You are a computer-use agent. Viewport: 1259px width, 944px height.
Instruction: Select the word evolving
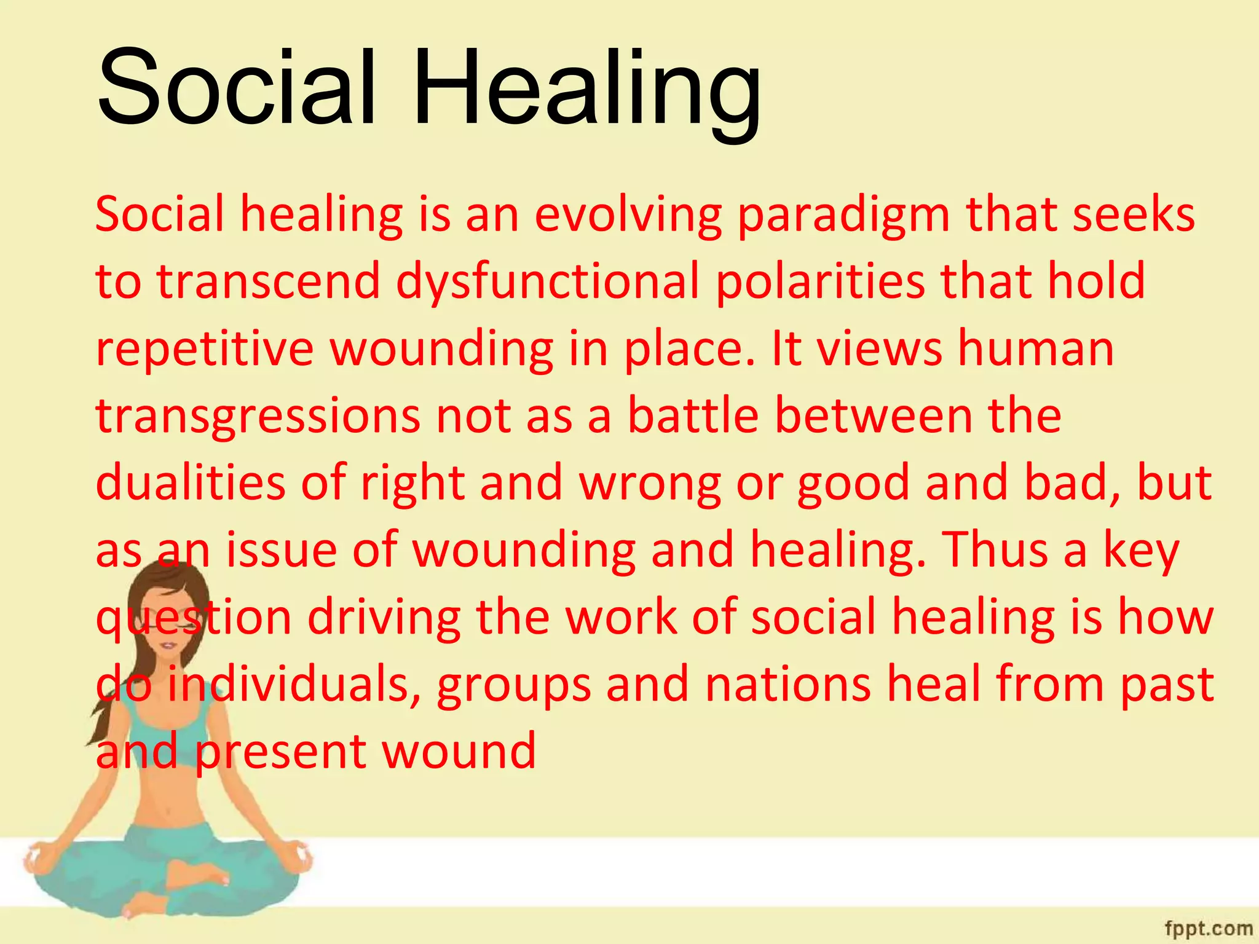(628, 214)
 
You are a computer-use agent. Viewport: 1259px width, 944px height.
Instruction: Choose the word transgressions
(258, 416)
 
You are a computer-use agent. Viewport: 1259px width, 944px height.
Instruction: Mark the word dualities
(191, 482)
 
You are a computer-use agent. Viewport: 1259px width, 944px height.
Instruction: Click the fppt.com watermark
(1208, 927)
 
